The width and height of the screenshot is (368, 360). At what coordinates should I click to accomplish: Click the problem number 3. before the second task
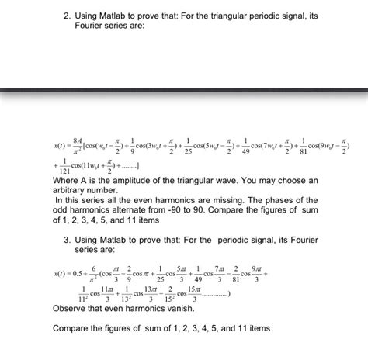(68, 241)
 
